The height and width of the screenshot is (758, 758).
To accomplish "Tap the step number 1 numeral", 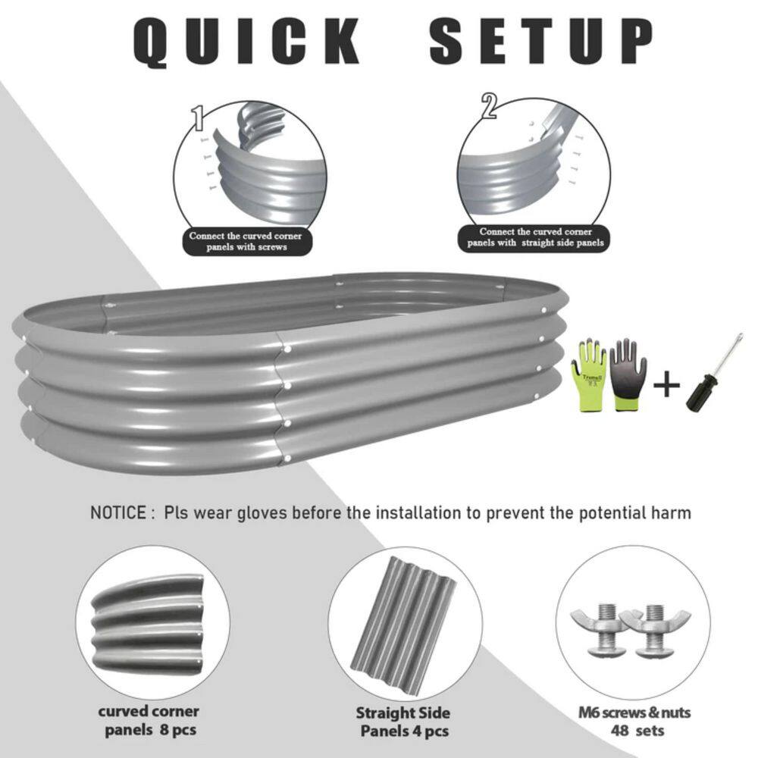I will coord(199,117).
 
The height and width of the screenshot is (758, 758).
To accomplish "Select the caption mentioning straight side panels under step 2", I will coord(535,236).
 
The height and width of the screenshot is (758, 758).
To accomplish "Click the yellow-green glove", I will coord(590,374).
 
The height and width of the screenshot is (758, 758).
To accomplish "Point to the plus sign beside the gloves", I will coord(666,387).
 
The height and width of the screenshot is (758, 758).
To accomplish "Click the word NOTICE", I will coord(117,513).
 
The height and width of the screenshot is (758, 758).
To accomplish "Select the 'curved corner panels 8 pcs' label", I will coord(149,721).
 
